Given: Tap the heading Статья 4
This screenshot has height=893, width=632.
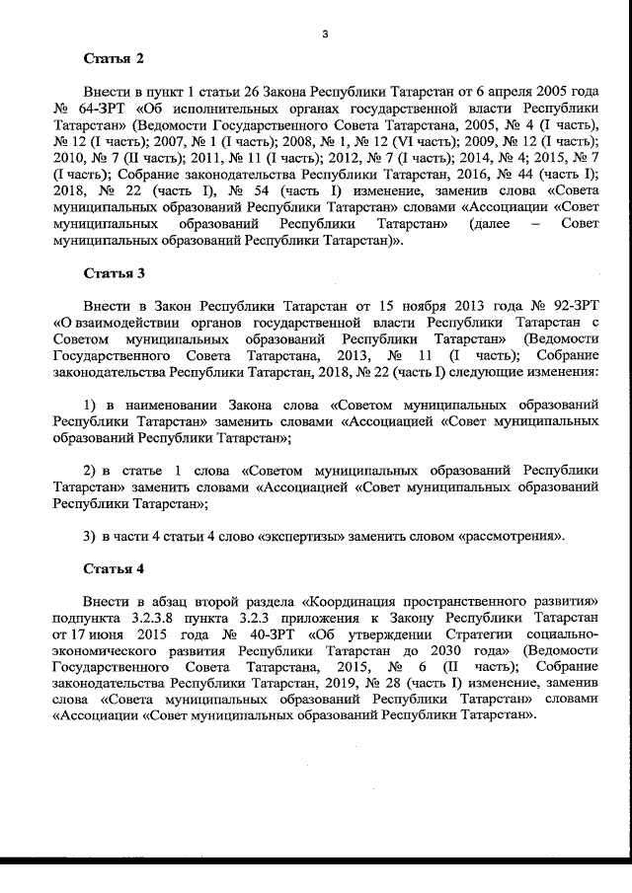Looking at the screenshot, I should click(114, 569).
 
